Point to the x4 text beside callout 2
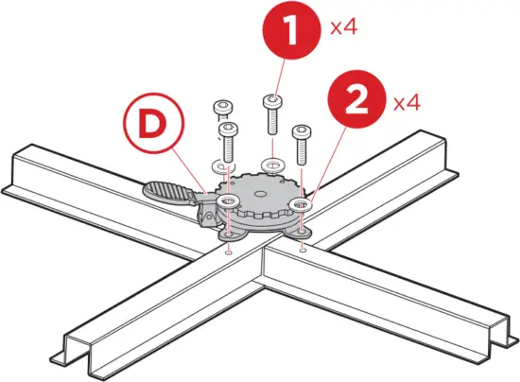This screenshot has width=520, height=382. [x=407, y=102]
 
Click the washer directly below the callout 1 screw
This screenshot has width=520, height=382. [x=271, y=166]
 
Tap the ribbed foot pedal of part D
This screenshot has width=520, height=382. [x=171, y=192]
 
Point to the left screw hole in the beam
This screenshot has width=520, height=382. [x=230, y=252]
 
